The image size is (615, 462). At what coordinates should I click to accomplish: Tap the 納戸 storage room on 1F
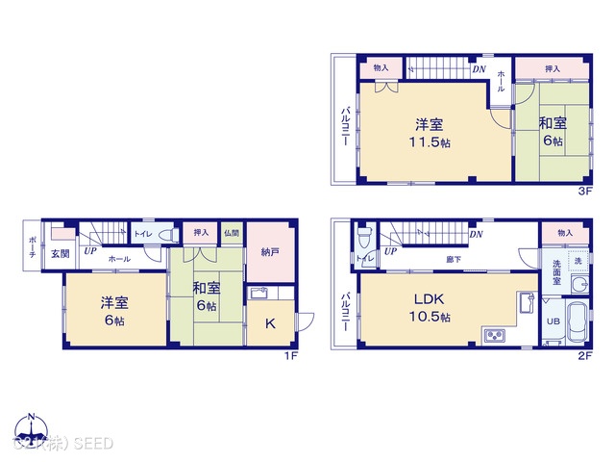coord(271,253)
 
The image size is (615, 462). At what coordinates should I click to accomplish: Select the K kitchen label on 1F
coord(270,324)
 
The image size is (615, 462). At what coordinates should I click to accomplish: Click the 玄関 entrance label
coord(60,253)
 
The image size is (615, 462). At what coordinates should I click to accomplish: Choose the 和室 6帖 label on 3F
coord(552,131)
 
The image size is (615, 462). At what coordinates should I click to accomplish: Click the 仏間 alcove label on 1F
coord(232,233)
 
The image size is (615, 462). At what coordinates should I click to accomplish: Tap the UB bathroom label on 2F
coord(553,321)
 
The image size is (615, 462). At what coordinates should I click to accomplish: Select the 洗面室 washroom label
coord(557,273)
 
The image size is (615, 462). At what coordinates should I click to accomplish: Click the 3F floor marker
coord(582,191)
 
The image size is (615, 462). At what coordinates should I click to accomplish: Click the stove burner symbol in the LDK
coord(494,335)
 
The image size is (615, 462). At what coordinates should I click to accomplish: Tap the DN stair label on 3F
coord(479,70)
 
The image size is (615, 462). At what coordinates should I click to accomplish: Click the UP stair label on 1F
coord(88,252)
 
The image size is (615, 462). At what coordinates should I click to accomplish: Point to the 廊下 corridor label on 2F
coord(451,259)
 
